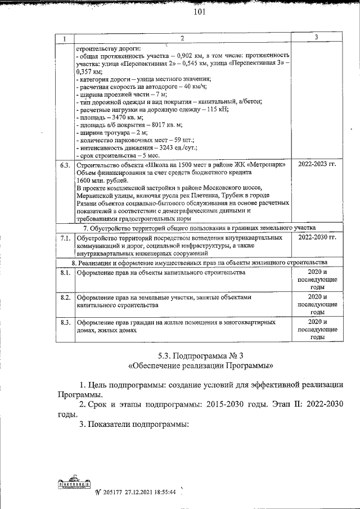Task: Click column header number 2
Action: pyautogui.click(x=182, y=38)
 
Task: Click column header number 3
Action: pyautogui.click(x=317, y=38)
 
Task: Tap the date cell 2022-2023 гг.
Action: pyautogui.click(x=317, y=165)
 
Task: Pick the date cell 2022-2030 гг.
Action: pyautogui.click(x=317, y=238)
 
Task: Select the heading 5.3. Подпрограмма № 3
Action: pyautogui.click(x=200, y=355)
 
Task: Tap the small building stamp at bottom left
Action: pyautogui.click(x=74, y=484)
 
